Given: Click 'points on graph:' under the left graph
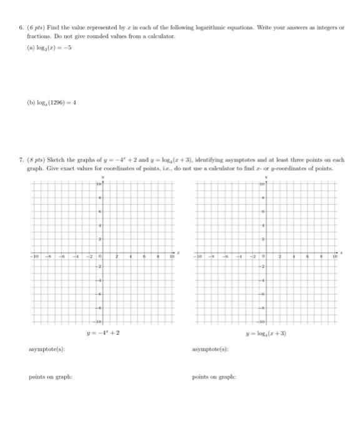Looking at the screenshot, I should [50, 377].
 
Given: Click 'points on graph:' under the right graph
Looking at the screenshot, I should [214, 377].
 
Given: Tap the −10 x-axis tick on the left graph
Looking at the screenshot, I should [36, 256].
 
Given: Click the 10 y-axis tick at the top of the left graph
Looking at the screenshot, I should [98, 185].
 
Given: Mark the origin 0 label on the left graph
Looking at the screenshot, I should [99, 256].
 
